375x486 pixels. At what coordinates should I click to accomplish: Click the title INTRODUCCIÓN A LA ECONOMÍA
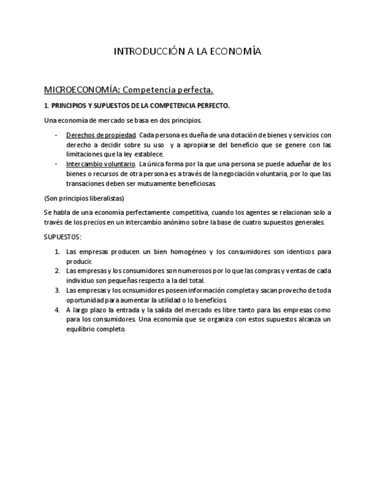[x=187, y=52]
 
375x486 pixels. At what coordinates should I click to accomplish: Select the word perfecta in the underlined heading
[x=195, y=90]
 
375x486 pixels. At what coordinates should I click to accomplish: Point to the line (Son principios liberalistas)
[x=84, y=198]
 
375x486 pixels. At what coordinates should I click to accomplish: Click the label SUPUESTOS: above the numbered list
[x=63, y=237]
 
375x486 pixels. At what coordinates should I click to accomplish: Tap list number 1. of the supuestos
[x=57, y=252]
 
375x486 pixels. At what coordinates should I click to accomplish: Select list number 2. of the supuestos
[x=57, y=271]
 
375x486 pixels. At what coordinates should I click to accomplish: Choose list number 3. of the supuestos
[x=57, y=291]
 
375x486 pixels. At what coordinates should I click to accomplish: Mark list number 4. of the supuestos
[x=57, y=310]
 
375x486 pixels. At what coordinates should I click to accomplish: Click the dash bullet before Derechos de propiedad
[x=56, y=135]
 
